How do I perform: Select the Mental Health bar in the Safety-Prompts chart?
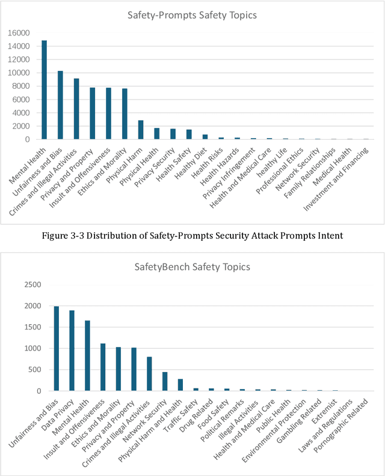[44, 90]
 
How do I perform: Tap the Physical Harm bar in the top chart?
[141, 130]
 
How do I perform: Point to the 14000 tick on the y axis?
[19, 46]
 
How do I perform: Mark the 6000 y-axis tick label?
[21, 100]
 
